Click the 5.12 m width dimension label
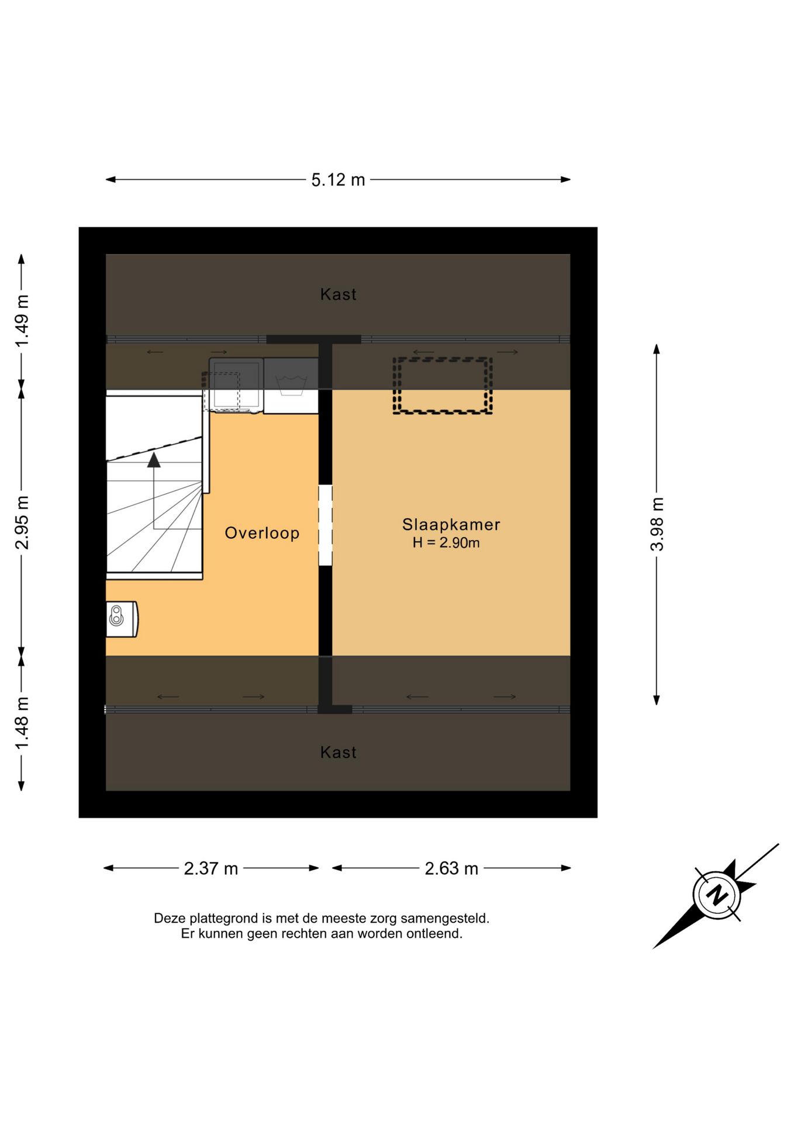click(x=338, y=180)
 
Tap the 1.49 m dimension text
click(x=22, y=321)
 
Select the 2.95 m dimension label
click(x=22, y=522)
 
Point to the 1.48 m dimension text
click(x=22, y=723)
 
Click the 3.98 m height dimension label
click(x=657, y=524)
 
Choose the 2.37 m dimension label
click(x=211, y=868)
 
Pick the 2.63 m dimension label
click(x=451, y=868)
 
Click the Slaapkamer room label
click(x=451, y=524)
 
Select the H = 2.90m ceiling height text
click(x=446, y=543)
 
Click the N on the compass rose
click(x=716, y=895)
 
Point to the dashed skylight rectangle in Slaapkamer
click(x=443, y=358)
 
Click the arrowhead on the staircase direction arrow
click(x=154, y=460)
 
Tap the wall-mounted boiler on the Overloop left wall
click(x=122, y=619)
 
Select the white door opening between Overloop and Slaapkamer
click(x=325, y=525)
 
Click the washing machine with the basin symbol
click(x=291, y=386)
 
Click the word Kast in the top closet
click(x=338, y=294)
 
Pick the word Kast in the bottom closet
click(x=338, y=752)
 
